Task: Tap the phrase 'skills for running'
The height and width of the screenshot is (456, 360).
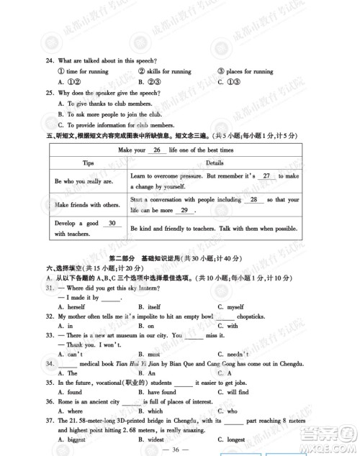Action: pos(169,71)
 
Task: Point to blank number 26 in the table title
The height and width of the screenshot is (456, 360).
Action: pos(156,150)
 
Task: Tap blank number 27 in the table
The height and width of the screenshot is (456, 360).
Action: pos(266,176)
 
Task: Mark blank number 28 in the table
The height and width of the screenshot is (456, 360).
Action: pos(254,199)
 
